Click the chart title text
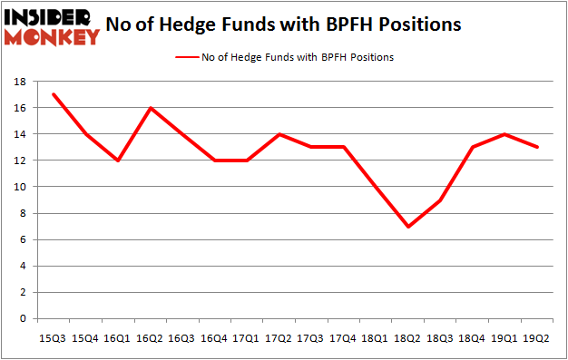(x=283, y=24)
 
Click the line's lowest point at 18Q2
(x=407, y=227)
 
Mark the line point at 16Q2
(x=151, y=108)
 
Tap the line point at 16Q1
(x=119, y=161)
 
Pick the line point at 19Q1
(x=504, y=134)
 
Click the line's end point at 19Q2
(x=535, y=147)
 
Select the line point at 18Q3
(x=439, y=200)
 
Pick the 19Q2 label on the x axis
(x=535, y=338)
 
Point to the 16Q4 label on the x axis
(x=215, y=338)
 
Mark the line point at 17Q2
(x=279, y=134)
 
